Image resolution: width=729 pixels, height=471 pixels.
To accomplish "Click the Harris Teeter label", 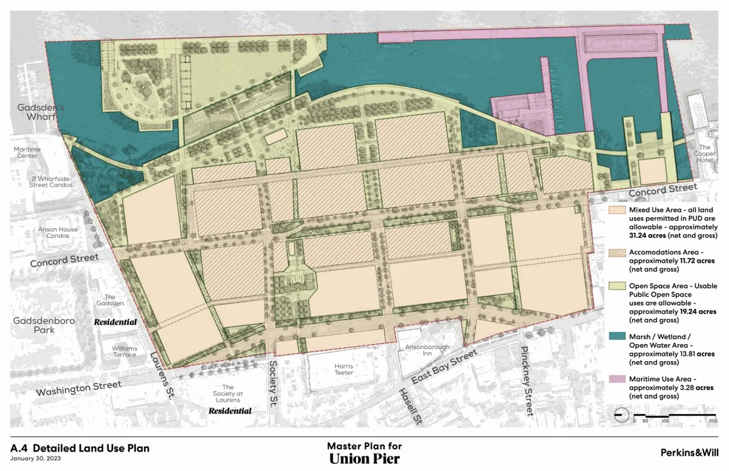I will (343, 370).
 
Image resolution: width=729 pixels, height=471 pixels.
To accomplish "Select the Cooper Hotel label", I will (705, 153).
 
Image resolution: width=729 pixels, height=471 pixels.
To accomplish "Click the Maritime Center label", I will (27, 152).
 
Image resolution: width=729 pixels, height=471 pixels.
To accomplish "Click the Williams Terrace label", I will (124, 351).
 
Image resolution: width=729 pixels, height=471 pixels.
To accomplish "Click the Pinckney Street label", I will (525, 381).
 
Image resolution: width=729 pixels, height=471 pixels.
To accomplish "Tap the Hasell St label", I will (409, 406).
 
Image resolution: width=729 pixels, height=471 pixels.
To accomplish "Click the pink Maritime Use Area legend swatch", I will (617, 379).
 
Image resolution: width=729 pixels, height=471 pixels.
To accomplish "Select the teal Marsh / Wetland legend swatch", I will (617, 335).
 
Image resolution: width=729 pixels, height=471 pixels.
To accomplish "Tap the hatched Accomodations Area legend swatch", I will (617, 252).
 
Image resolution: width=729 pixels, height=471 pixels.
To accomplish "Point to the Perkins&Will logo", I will (690, 452).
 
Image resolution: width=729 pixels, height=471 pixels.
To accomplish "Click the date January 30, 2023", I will (35, 458).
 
